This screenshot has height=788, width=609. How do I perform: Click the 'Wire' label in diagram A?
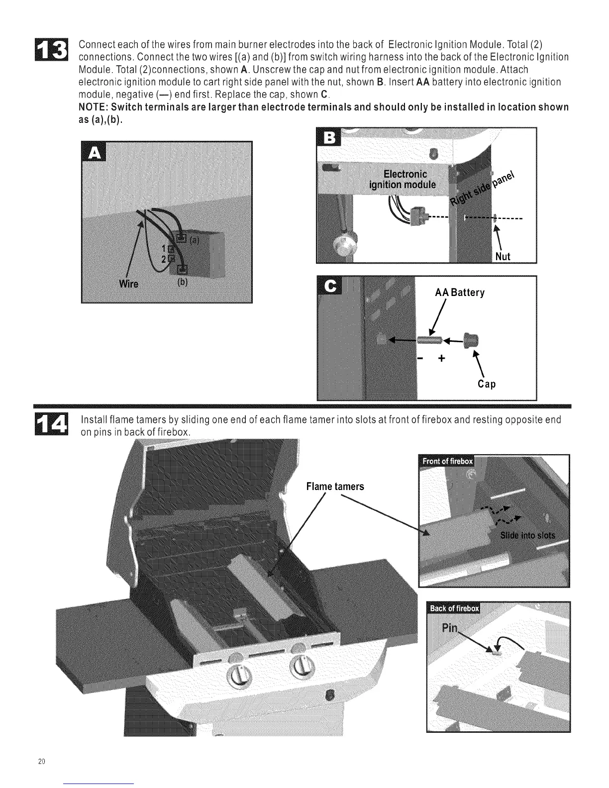[x=129, y=284]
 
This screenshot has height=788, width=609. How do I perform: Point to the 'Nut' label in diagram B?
[x=503, y=256]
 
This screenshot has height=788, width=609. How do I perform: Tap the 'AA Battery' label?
[x=459, y=293]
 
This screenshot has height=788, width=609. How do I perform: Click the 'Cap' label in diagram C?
[x=486, y=384]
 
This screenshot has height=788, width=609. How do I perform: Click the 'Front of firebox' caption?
[x=447, y=461]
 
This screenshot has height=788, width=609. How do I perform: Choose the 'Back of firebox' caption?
[x=454, y=608]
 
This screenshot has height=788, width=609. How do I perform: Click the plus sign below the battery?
[x=440, y=358]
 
